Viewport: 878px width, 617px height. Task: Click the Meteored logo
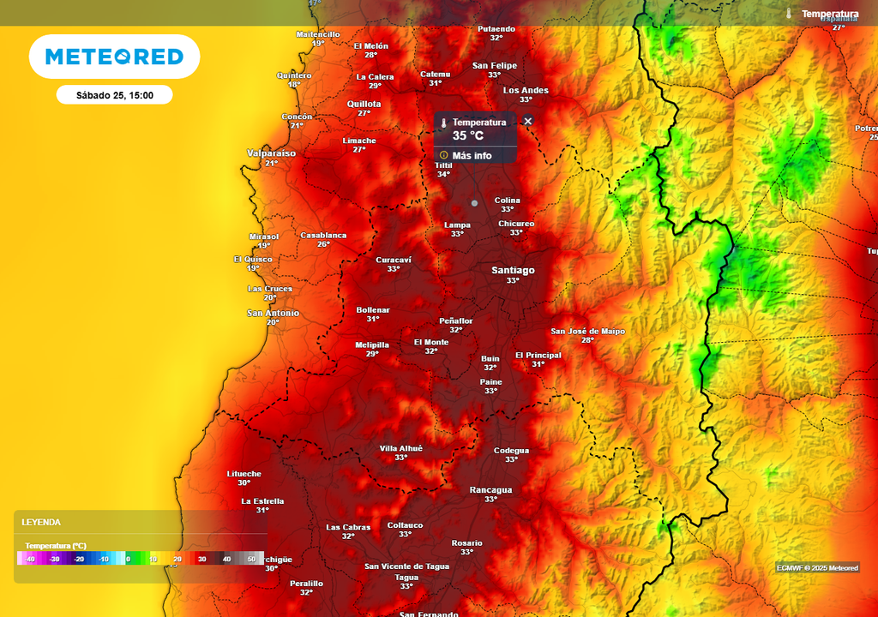pyautogui.click(x=114, y=57)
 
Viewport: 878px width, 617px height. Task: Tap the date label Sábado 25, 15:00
pyautogui.click(x=114, y=95)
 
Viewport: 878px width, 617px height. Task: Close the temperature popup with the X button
pyautogui.click(x=527, y=121)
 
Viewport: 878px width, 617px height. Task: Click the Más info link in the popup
pyautogui.click(x=472, y=155)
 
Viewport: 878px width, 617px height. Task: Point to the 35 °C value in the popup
pyautogui.click(x=468, y=135)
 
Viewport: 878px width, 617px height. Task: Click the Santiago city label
pyautogui.click(x=513, y=271)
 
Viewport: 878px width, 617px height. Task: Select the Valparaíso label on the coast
pyautogui.click(x=271, y=153)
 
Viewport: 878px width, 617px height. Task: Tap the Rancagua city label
pyautogui.click(x=490, y=490)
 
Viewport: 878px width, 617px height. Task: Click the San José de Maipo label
pyautogui.click(x=587, y=332)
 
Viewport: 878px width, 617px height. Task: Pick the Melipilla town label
pyautogui.click(x=372, y=345)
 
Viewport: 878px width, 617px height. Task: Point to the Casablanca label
pyautogui.click(x=323, y=235)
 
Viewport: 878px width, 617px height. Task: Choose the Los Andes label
pyautogui.click(x=526, y=91)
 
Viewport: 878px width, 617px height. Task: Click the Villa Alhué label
pyautogui.click(x=400, y=448)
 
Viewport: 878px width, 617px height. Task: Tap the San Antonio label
pyautogui.click(x=274, y=314)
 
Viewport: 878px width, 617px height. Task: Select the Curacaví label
pyautogui.click(x=394, y=260)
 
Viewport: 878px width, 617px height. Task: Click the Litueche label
pyautogui.click(x=244, y=474)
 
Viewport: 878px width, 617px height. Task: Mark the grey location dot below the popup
pyautogui.click(x=474, y=203)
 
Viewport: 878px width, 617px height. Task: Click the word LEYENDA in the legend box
pyautogui.click(x=41, y=522)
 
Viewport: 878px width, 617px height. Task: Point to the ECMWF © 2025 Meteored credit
pyautogui.click(x=817, y=568)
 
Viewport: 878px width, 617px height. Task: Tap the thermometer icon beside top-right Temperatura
pyautogui.click(x=788, y=14)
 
